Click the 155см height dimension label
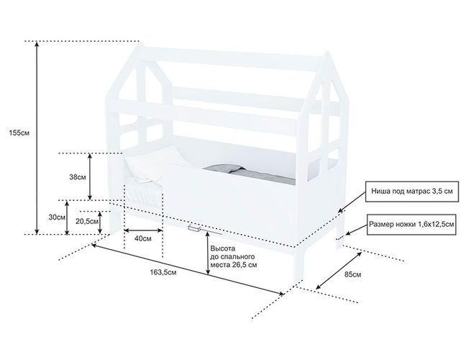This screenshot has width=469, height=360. (x=15, y=133)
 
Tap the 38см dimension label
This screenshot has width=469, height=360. (x=78, y=176)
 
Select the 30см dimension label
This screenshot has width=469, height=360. (x=57, y=217)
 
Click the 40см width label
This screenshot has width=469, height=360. (x=142, y=238)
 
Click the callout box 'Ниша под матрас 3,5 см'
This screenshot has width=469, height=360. (x=411, y=192)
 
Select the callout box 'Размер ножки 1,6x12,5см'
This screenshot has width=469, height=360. (x=411, y=225)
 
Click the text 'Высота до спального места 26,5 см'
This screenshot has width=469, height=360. (x=232, y=256)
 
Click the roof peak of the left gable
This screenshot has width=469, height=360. (x=141, y=51)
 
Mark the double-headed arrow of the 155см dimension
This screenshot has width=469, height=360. (x=37, y=137)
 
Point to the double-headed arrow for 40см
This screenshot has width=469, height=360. (x=142, y=230)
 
